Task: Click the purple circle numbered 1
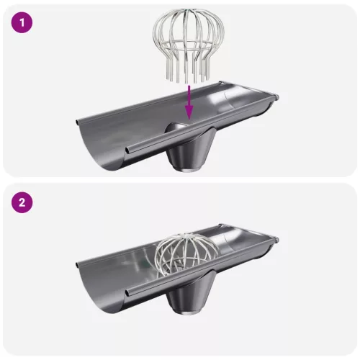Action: tap(22, 23)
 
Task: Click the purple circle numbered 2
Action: tap(22, 202)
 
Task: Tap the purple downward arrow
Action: tap(189, 102)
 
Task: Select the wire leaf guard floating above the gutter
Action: tap(189, 45)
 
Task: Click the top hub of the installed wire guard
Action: tap(186, 236)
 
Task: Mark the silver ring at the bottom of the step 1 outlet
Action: tap(188, 169)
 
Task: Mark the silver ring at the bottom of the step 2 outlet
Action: tap(188, 312)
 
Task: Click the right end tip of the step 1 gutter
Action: tap(277, 97)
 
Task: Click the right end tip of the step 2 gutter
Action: tap(277, 239)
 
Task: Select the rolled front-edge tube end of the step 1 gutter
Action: tap(128, 150)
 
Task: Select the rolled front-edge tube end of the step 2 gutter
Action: tap(128, 292)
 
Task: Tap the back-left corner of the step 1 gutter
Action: tap(77, 122)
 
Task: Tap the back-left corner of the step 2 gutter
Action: tap(77, 265)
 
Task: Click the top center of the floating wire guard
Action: tap(189, 10)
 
